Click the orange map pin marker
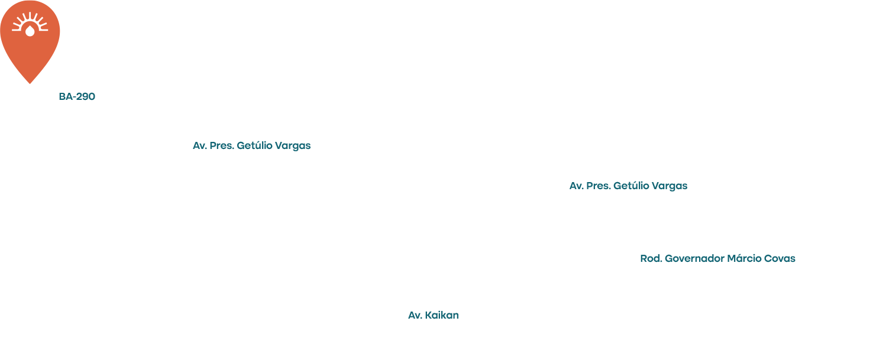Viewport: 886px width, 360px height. pyautogui.click(x=30, y=40)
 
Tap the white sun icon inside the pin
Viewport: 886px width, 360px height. pyautogui.click(x=30, y=22)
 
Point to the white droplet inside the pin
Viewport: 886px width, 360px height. pyautogui.click(x=30, y=31)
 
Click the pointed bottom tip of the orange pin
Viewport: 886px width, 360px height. pyautogui.click(x=30, y=83)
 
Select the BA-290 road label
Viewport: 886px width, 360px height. pyautogui.click(x=77, y=96)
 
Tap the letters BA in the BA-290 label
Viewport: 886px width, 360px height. pyautogui.click(x=64, y=96)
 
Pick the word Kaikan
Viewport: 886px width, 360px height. pyautogui.click(x=442, y=315)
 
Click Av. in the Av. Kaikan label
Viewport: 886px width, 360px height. pyautogui.click(x=415, y=315)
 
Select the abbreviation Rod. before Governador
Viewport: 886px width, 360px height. pyautogui.click(x=651, y=258)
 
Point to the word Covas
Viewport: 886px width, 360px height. pyautogui.click(x=780, y=258)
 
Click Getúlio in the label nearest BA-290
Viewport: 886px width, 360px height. pyautogui.click(x=254, y=145)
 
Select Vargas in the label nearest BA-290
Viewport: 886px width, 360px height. pyautogui.click(x=293, y=146)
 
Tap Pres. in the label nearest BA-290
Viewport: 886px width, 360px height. pyautogui.click(x=221, y=145)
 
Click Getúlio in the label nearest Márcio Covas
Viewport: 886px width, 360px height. pyautogui.click(x=631, y=186)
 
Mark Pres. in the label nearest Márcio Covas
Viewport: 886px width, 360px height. pyautogui.click(x=598, y=186)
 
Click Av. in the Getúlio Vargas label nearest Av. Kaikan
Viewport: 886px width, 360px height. pyautogui.click(x=576, y=186)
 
